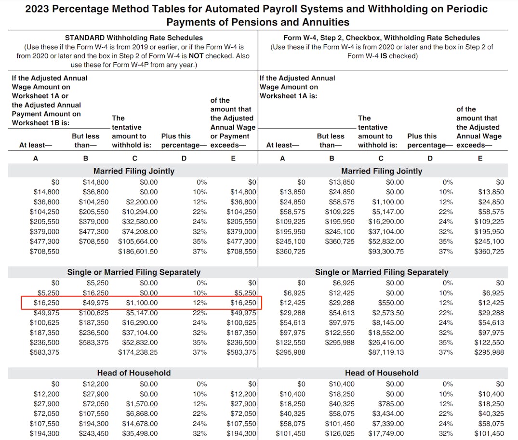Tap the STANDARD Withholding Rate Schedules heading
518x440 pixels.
click(133, 38)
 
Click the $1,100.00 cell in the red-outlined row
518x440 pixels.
click(142, 303)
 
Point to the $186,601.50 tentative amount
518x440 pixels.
click(138, 251)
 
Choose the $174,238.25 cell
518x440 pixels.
click(138, 352)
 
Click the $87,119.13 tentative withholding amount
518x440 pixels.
click(386, 352)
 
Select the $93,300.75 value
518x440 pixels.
click(386, 251)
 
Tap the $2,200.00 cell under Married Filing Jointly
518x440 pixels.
click(142, 202)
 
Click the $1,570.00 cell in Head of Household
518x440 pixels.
click(142, 404)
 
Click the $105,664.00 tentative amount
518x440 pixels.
click(138, 241)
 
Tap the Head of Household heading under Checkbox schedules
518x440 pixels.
click(381, 373)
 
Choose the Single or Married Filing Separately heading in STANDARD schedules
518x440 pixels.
click(133, 272)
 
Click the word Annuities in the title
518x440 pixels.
click(324, 22)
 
